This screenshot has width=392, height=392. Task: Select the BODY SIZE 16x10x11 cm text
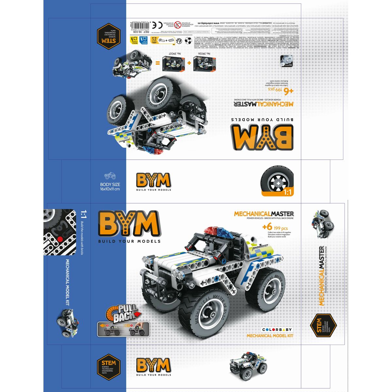point(110,187)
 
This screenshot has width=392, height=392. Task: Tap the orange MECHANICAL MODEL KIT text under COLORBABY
point(270,335)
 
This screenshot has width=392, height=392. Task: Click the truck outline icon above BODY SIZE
point(110,176)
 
